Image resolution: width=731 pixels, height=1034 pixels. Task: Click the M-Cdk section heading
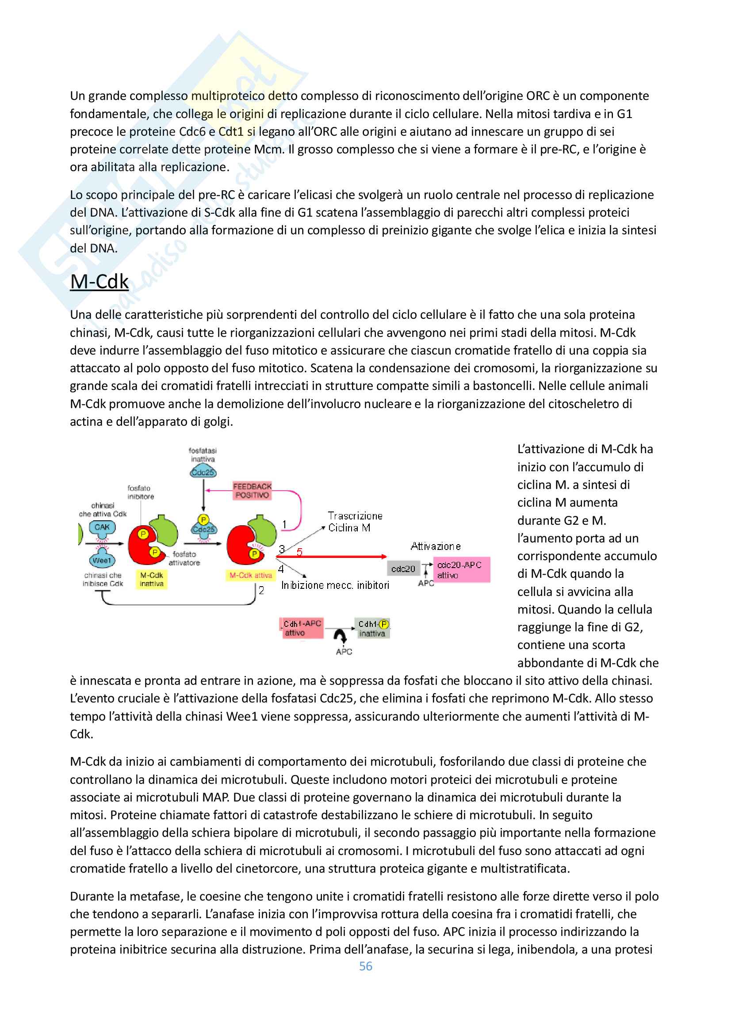coord(99,282)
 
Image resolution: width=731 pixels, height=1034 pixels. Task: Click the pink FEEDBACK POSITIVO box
coord(252,490)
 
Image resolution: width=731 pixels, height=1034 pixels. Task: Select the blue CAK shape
coord(102,527)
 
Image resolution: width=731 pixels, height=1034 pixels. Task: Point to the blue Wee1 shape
coord(102,560)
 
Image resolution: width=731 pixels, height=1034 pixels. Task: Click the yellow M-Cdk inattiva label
coord(151,579)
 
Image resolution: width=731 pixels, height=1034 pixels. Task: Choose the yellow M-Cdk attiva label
coord(251,575)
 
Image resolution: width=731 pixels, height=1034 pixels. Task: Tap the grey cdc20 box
coord(403,569)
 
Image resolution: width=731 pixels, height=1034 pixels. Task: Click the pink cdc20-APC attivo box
coord(461,570)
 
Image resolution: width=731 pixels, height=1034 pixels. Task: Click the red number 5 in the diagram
coord(299,552)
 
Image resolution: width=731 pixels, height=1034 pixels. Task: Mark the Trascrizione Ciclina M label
coord(355,522)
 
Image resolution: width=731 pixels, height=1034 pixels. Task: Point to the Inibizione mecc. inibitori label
coord(335,585)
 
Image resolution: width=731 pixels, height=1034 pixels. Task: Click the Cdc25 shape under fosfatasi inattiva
coord(203,472)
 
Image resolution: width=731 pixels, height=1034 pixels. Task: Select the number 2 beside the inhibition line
coord(261,590)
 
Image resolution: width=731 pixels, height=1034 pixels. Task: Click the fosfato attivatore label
coord(184,558)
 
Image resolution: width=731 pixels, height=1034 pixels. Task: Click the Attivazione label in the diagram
coord(436,546)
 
